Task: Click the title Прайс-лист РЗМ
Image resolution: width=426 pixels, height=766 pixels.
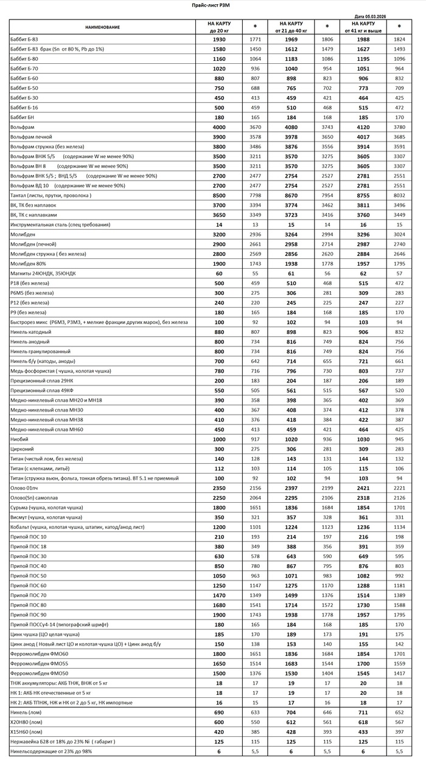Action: pos(212,5)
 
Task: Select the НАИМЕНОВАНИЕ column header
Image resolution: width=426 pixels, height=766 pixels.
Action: pos(102,27)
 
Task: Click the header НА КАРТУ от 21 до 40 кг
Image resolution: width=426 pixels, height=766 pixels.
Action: pos(292,27)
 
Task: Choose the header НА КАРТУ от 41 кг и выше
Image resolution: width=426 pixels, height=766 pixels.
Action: pos(363,27)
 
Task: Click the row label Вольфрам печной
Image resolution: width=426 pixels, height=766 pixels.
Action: pos(31,137)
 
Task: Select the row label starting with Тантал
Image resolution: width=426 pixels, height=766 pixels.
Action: pos(51,195)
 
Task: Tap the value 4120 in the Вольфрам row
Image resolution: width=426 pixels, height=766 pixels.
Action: pos(363,127)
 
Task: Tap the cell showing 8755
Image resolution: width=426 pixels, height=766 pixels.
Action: pos(363,195)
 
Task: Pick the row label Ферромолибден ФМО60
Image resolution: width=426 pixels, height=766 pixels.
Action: pos(40,654)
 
